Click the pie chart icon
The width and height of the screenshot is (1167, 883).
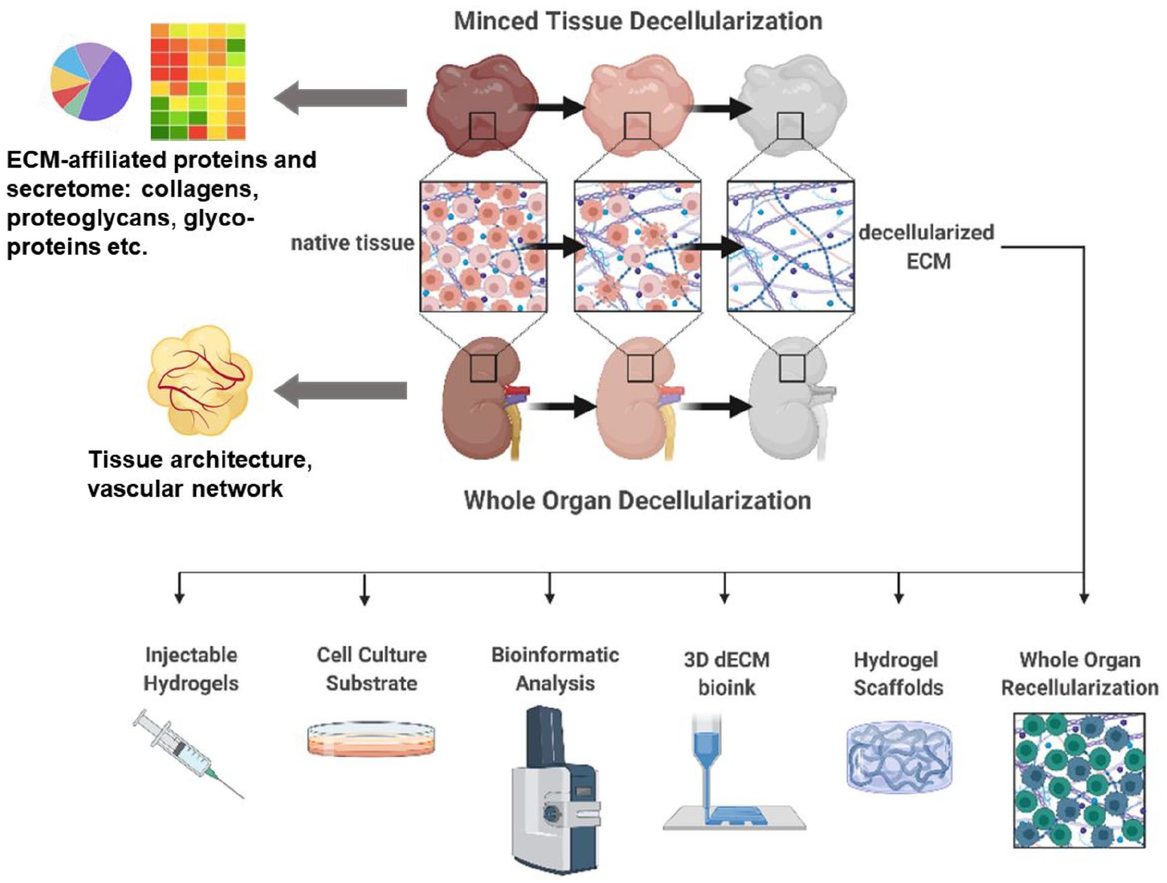tap(91, 81)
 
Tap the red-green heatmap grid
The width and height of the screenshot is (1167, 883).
tap(198, 81)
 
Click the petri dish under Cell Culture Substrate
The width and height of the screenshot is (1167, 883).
tap(371, 739)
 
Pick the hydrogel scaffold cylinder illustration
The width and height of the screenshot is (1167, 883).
tap(899, 757)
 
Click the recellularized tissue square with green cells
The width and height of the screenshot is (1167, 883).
tap(1079, 780)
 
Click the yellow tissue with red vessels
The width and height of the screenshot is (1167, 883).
tap(200, 379)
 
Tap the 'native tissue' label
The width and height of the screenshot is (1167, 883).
tap(352, 243)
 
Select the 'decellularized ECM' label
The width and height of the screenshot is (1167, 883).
tap(927, 247)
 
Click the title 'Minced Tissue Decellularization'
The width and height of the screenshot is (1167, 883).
tap(638, 21)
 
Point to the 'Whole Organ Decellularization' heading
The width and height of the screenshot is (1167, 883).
tap(637, 500)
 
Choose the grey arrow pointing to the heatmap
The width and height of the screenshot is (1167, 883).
tap(341, 98)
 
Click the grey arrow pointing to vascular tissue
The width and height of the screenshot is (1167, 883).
tap(341, 390)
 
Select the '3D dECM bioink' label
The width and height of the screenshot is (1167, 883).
tap(727, 673)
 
